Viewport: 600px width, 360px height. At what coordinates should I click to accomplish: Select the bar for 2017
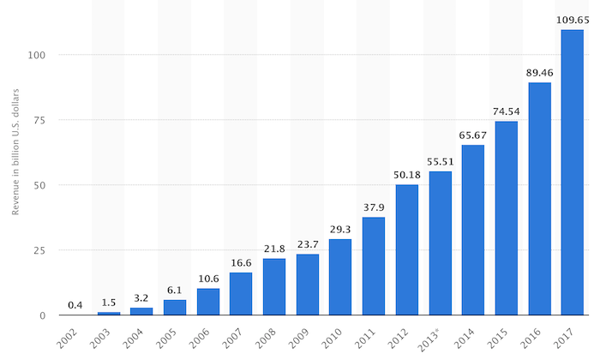(x=573, y=172)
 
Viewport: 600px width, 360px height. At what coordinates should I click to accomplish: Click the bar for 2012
(x=407, y=249)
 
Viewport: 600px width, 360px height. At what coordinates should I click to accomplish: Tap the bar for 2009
(x=308, y=285)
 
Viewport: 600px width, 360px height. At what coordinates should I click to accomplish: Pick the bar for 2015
(x=507, y=218)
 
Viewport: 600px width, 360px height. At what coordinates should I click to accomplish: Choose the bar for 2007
(x=241, y=293)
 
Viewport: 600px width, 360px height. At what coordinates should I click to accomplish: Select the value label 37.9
(x=374, y=206)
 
